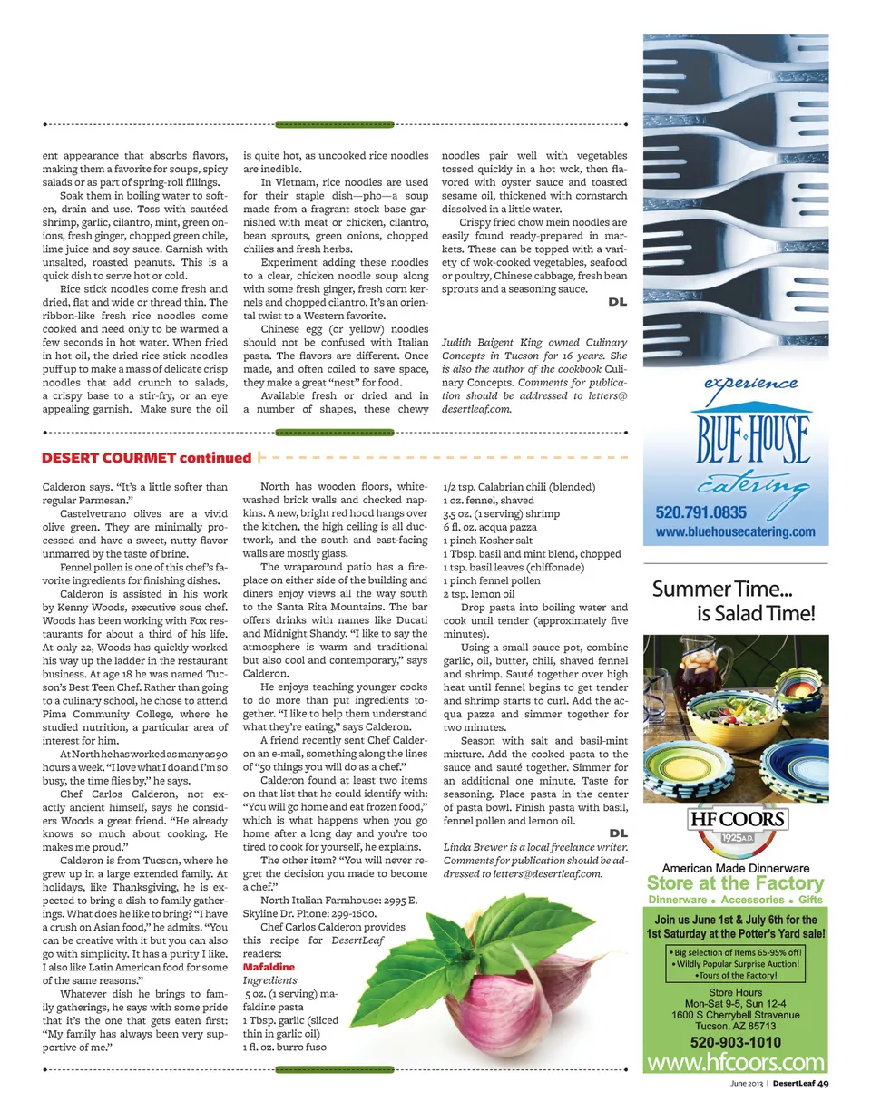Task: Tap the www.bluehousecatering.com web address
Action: (735, 532)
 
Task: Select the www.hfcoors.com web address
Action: (736, 1062)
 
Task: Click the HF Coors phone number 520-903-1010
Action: (735, 1043)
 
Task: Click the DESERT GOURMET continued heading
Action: (146, 458)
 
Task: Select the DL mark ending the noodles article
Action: (617, 302)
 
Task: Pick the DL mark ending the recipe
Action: (617, 833)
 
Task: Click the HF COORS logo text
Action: (736, 821)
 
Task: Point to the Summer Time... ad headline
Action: (734, 600)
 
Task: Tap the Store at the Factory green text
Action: (735, 883)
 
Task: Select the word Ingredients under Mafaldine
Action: (264, 981)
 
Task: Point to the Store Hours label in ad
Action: (735, 993)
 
